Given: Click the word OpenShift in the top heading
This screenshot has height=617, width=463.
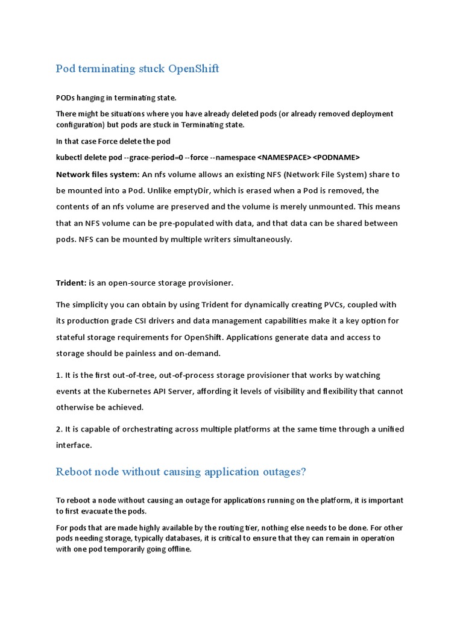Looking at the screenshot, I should (x=194, y=69).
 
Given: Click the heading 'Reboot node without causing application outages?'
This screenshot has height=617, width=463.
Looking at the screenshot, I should (x=181, y=472).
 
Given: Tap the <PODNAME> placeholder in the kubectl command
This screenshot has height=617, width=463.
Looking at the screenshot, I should (x=336, y=158).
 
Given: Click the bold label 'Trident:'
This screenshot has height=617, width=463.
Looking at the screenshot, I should (x=71, y=283).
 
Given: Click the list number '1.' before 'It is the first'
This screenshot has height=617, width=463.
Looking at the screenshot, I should (x=60, y=375).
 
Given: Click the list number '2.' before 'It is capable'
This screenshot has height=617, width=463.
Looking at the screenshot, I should (x=60, y=429).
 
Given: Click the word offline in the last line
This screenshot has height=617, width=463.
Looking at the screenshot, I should (x=177, y=550).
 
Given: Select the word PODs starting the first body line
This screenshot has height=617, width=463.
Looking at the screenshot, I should (x=66, y=98).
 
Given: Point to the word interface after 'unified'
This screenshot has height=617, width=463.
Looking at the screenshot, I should (x=74, y=445).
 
